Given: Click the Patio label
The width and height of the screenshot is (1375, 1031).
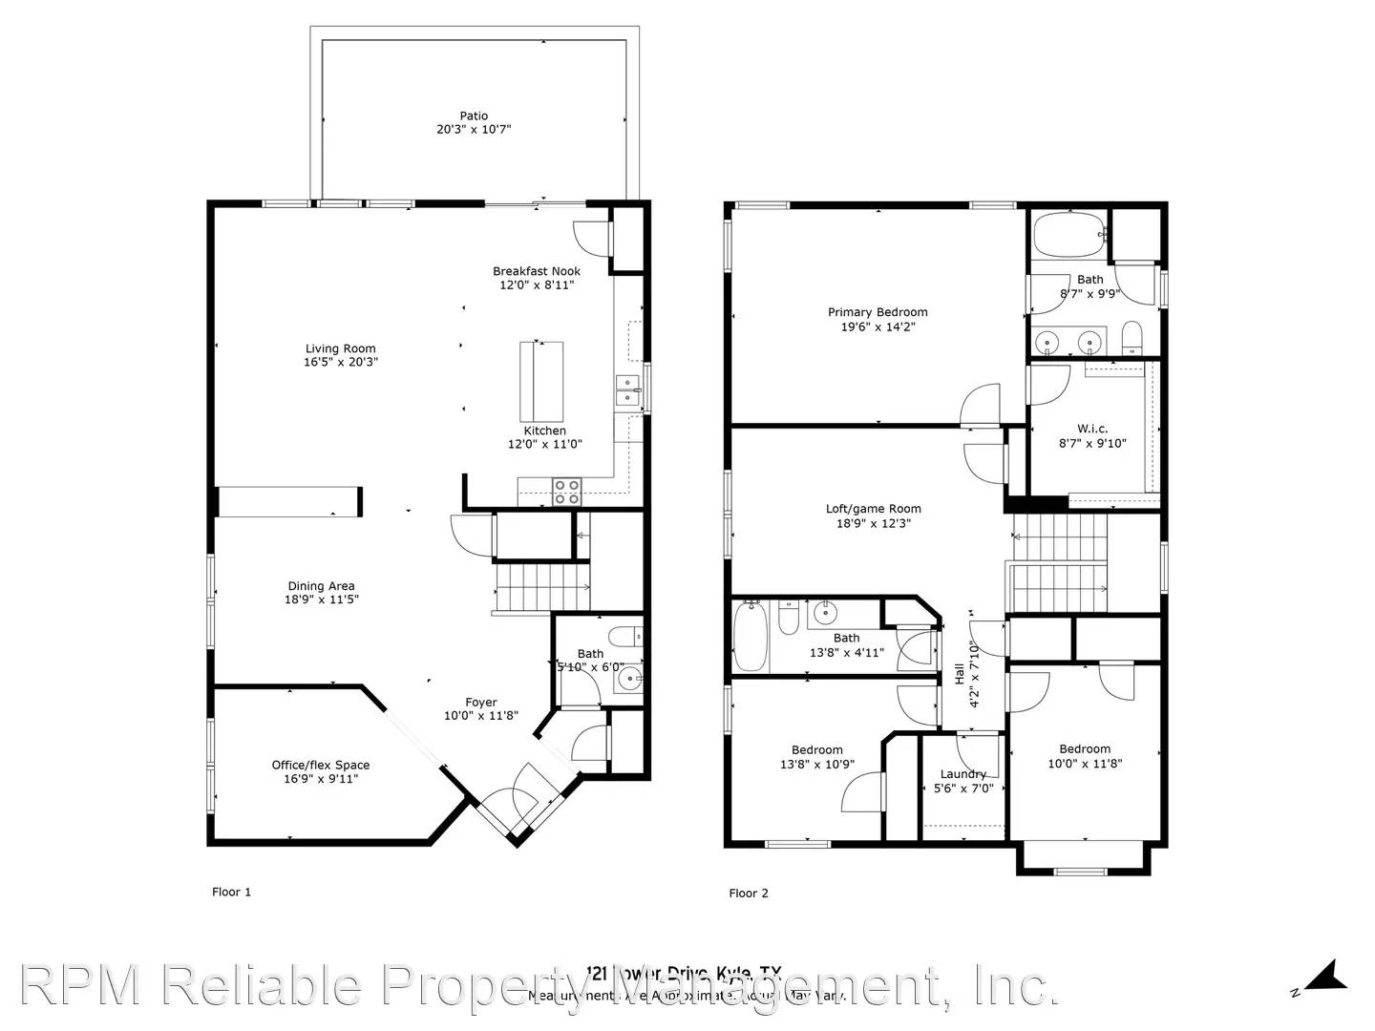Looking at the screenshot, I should pos(474,116).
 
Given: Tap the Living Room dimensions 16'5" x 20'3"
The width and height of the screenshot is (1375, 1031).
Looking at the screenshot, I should pos(340,363).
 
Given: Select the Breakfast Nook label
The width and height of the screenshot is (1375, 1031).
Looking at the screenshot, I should pos(537,271).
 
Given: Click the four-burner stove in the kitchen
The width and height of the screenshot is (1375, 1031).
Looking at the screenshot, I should pos(567,491).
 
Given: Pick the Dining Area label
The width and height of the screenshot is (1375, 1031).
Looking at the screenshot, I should pos(321,586).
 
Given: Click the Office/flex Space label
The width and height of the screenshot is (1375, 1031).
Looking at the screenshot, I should pos(321,765).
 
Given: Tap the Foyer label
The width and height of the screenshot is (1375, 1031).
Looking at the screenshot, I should pos(481,703).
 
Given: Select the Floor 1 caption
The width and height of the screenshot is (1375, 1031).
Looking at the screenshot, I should pos(231,892).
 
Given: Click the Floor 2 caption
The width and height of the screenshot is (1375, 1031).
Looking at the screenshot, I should pos(749,894).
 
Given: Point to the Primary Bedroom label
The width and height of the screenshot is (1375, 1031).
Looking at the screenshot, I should pos(878,312).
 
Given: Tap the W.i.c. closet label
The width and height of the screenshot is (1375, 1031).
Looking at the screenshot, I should pos(1092,429).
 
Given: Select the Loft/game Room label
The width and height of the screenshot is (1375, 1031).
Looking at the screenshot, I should pos(874,509).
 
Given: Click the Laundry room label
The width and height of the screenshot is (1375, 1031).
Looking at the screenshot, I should pos(962,774).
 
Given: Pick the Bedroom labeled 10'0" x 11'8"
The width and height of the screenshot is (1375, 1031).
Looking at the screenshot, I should pos(1085,749).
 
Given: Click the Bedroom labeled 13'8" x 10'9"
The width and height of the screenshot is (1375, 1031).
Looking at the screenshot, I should pos(817,750).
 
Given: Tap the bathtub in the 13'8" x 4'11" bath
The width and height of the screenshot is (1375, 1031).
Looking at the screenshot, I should pos(751,638).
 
